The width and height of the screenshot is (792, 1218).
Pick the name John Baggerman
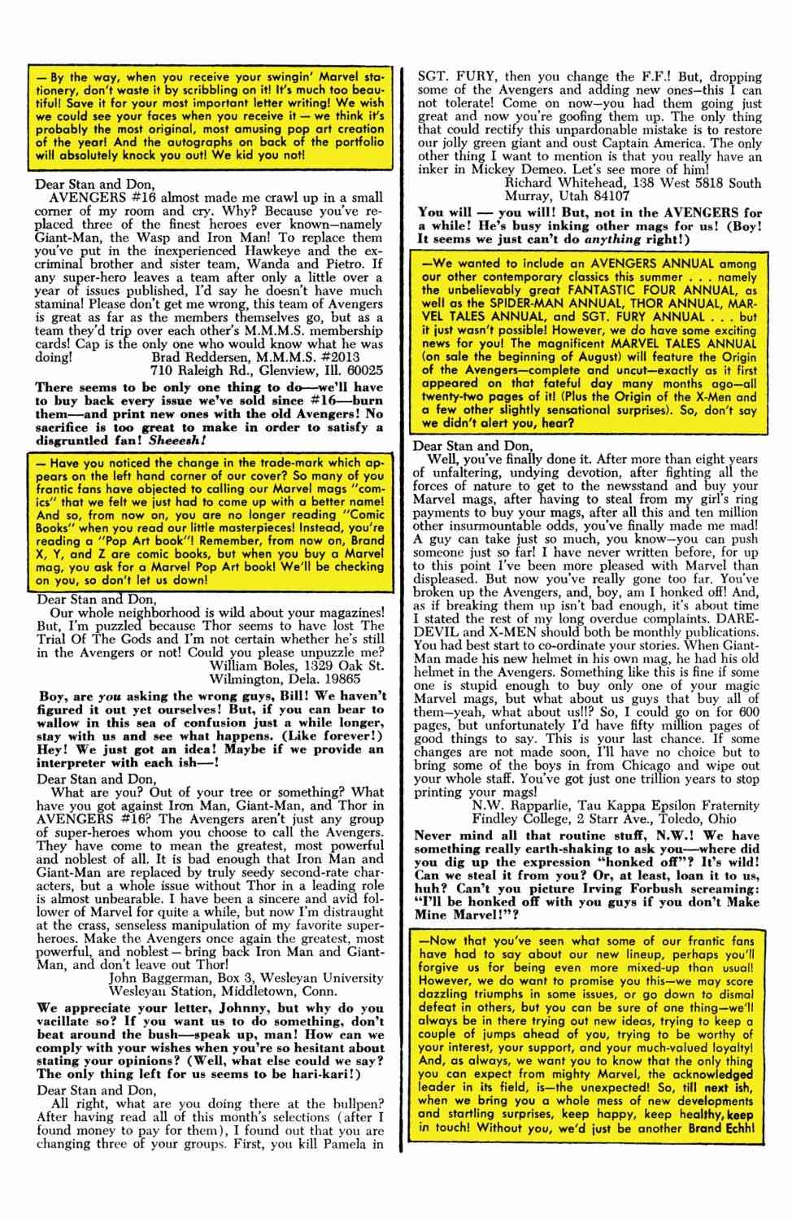(159, 978)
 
